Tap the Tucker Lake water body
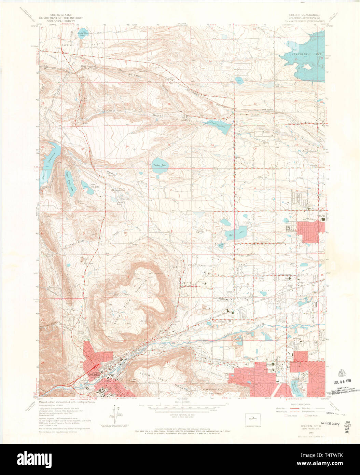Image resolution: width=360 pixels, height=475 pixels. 160,164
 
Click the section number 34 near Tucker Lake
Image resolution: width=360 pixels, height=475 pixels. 127,147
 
